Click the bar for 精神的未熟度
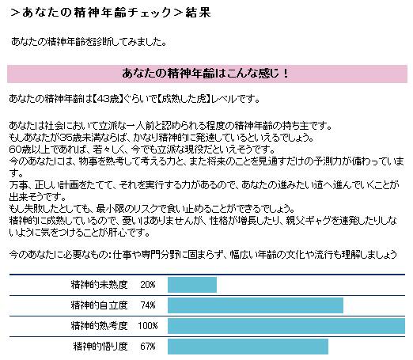192,284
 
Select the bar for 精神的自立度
256,305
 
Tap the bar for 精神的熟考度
286,325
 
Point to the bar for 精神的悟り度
248,346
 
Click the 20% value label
147,284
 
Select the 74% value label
147,305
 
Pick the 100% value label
147,325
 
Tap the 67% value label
147,346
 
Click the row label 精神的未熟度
100,284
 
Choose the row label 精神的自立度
100,305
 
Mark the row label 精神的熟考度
100,325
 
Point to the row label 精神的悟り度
100,346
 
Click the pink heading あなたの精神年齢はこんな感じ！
206,73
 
